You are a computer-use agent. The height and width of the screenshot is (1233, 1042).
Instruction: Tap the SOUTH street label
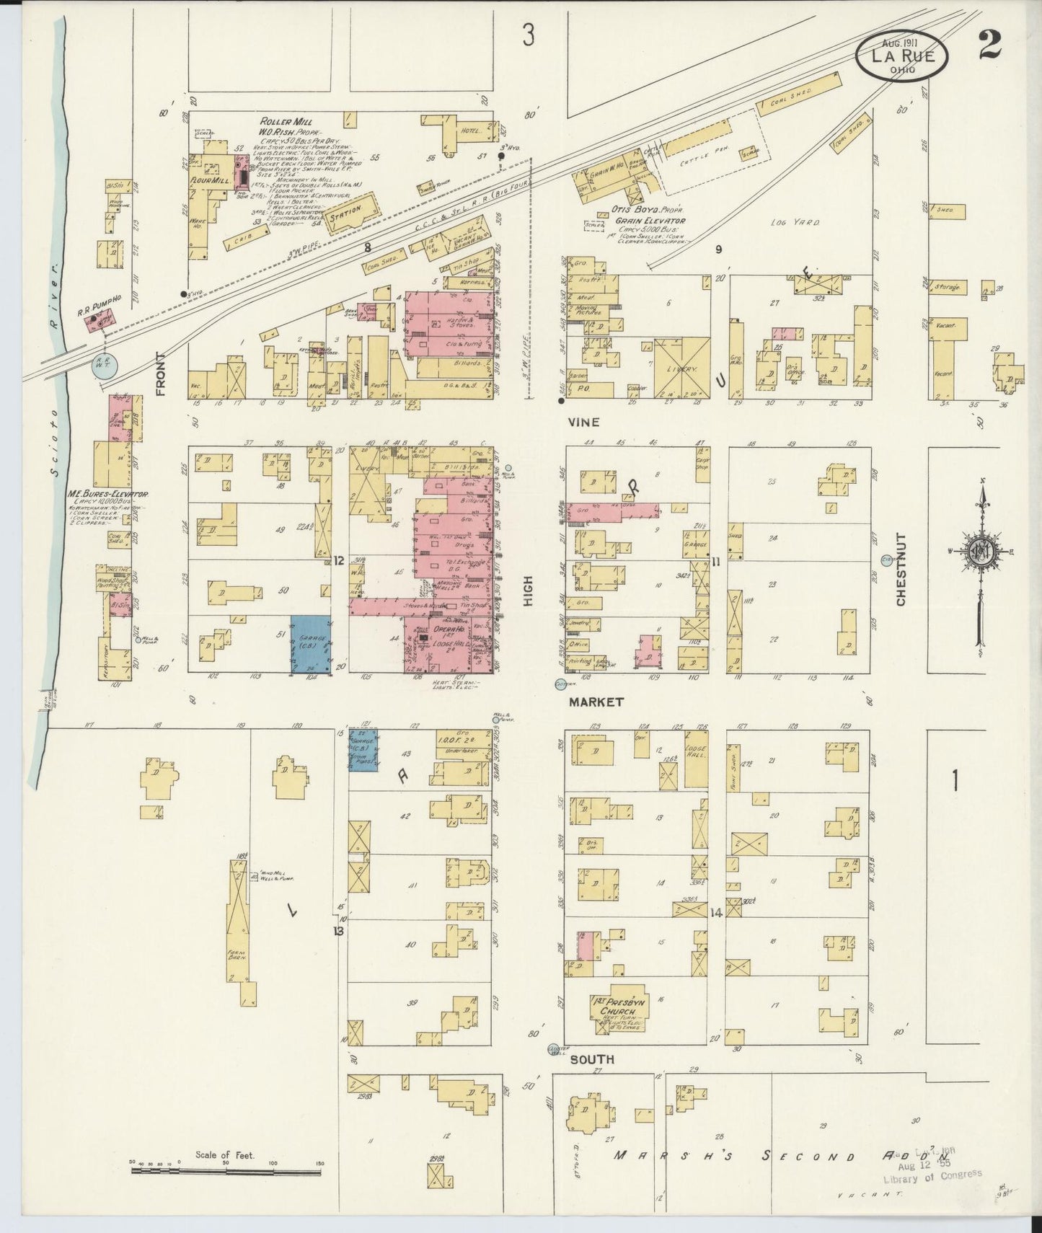pos(592,1059)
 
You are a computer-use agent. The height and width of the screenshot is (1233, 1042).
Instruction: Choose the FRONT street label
pos(160,374)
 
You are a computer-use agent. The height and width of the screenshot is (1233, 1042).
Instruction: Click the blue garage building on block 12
pos(310,644)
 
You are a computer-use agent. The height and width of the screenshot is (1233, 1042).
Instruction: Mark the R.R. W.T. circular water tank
pos(99,365)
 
